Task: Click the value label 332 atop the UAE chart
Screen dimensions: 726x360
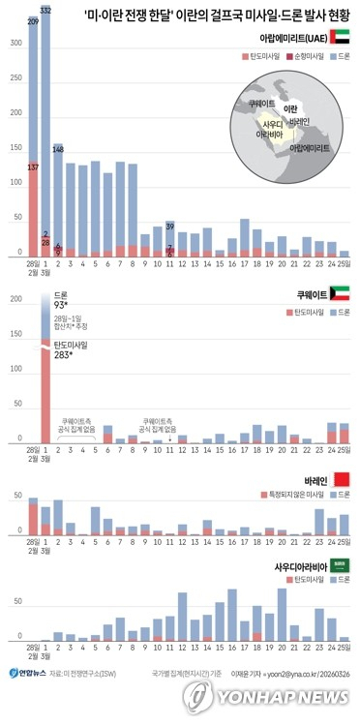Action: click(x=45, y=10)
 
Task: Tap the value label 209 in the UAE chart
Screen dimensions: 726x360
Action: click(x=32, y=20)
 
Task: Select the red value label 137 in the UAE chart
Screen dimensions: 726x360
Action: click(x=32, y=167)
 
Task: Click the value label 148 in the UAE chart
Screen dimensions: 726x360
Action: click(x=58, y=150)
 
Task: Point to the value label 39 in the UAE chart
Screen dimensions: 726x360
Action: click(x=170, y=227)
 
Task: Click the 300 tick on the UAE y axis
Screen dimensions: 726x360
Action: click(x=15, y=45)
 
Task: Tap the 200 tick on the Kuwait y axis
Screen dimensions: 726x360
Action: click(x=15, y=299)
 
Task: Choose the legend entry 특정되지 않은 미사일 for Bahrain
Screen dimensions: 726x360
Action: click(x=291, y=495)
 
